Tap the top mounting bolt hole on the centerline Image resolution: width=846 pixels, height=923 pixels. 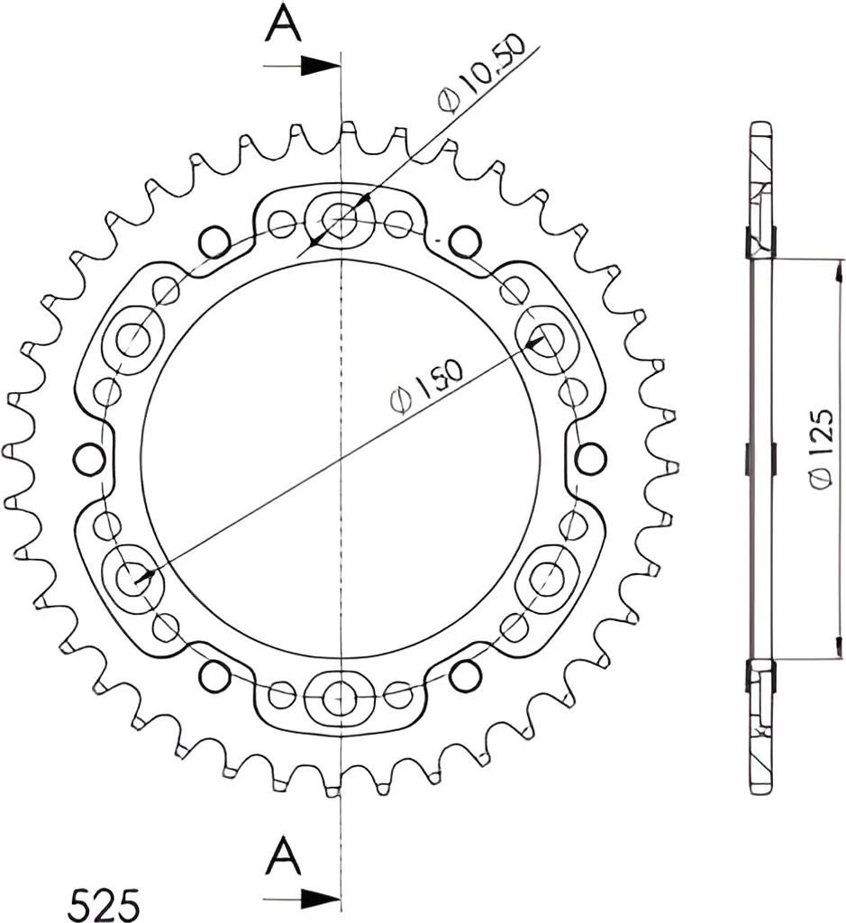(x=340, y=220)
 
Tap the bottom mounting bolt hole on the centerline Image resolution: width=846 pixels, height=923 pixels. (x=340, y=697)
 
